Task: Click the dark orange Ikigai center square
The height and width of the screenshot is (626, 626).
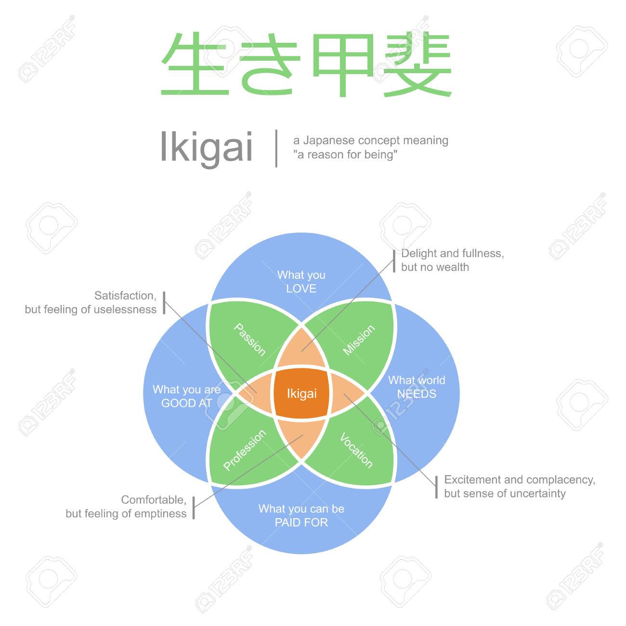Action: coord(301,393)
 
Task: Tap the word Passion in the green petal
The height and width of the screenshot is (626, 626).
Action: coord(249,339)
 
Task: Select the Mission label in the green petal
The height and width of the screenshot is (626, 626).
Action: coord(359,340)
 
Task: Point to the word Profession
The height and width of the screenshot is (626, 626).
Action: coord(245,450)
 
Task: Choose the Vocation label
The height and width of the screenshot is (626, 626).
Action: coord(356,450)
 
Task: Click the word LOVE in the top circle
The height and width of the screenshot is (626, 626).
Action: coord(301,288)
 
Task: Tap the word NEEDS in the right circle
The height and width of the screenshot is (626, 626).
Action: coord(417,394)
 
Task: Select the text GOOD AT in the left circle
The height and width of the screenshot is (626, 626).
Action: coord(187,403)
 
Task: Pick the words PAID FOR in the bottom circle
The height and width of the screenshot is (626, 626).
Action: coord(301,522)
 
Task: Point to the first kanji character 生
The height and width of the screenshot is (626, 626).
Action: coord(195,64)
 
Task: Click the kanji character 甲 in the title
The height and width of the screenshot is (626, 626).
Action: coord(343,65)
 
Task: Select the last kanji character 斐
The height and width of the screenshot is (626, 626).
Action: coord(417,65)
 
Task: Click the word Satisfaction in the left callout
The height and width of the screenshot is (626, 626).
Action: coord(125,296)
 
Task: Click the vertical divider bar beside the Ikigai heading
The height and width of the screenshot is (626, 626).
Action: coord(276,148)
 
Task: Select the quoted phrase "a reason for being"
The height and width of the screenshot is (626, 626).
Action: coord(345,155)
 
